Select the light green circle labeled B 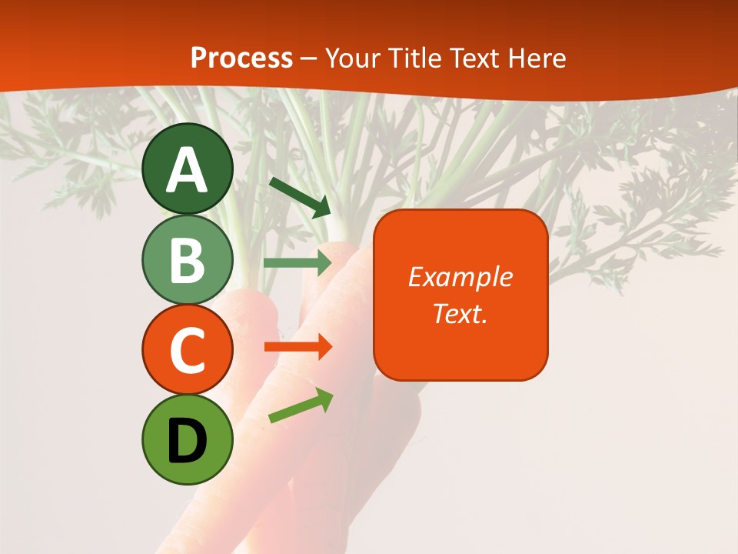(x=188, y=260)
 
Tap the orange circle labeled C (x=188, y=350)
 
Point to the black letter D (x=187, y=442)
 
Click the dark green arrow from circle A (x=300, y=197)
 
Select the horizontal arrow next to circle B (x=297, y=263)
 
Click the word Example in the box (x=460, y=277)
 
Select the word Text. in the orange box (x=460, y=313)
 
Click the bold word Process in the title (x=241, y=58)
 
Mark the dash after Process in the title (x=309, y=59)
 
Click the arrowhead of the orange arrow (x=324, y=347)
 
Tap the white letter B (x=187, y=260)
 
